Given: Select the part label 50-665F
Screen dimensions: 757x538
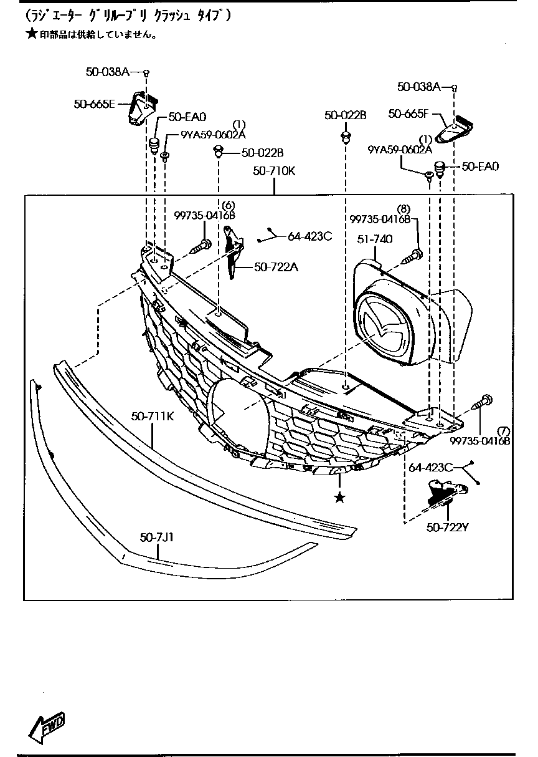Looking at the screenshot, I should [x=408, y=113].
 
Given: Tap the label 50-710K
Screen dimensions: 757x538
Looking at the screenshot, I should [x=274, y=170].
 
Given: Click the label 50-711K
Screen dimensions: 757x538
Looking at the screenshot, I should [x=152, y=416].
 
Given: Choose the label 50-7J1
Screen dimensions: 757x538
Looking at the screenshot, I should [x=156, y=536].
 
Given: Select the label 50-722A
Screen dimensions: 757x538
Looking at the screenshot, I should [x=276, y=268].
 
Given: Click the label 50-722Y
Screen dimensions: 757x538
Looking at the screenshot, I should [x=446, y=528].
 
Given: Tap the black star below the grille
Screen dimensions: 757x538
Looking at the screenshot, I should [x=339, y=497].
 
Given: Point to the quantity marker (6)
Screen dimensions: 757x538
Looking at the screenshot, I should [x=228, y=205].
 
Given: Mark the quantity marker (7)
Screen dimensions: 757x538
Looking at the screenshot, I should [x=503, y=431].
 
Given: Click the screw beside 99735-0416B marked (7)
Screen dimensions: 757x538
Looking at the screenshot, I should [x=484, y=402].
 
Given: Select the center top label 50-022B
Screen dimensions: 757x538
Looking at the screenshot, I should [x=346, y=115].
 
